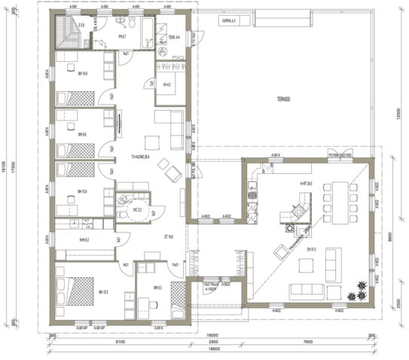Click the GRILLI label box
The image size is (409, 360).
coord(228,22)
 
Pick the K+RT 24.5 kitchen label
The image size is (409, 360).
coord(307,182)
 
